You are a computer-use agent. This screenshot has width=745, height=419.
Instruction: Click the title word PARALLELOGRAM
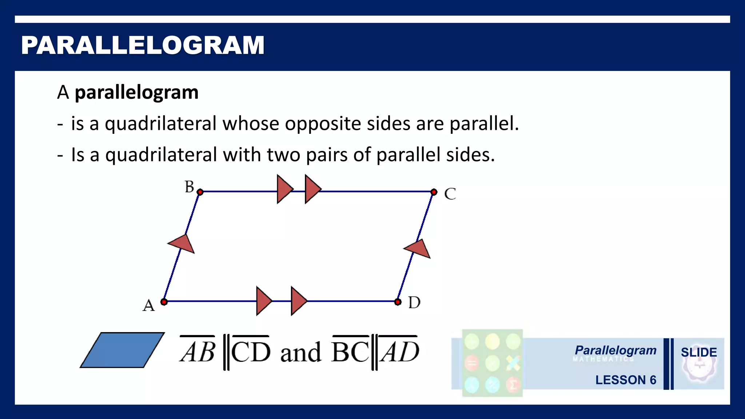click(x=143, y=45)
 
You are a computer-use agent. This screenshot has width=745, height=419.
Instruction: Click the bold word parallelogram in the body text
click(x=136, y=92)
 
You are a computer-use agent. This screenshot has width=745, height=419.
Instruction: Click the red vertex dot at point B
click(x=200, y=192)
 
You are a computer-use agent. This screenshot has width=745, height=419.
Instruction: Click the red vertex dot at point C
click(x=434, y=192)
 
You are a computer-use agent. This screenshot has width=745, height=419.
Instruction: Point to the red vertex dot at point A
click(x=164, y=302)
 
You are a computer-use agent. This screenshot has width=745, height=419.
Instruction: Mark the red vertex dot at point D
click(x=398, y=302)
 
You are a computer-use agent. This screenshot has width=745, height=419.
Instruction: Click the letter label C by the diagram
click(x=450, y=194)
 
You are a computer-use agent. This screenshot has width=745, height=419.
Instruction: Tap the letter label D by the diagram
click(x=414, y=303)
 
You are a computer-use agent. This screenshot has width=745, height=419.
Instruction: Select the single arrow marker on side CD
click(x=418, y=249)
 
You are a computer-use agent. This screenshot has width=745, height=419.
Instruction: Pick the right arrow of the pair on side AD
click(x=298, y=301)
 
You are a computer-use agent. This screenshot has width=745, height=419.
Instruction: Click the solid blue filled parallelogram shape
click(x=122, y=350)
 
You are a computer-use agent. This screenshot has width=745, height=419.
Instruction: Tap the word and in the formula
click(x=300, y=352)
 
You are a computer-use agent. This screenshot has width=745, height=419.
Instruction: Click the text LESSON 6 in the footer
click(x=626, y=380)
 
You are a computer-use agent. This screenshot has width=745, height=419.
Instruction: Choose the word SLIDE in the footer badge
click(x=699, y=352)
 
